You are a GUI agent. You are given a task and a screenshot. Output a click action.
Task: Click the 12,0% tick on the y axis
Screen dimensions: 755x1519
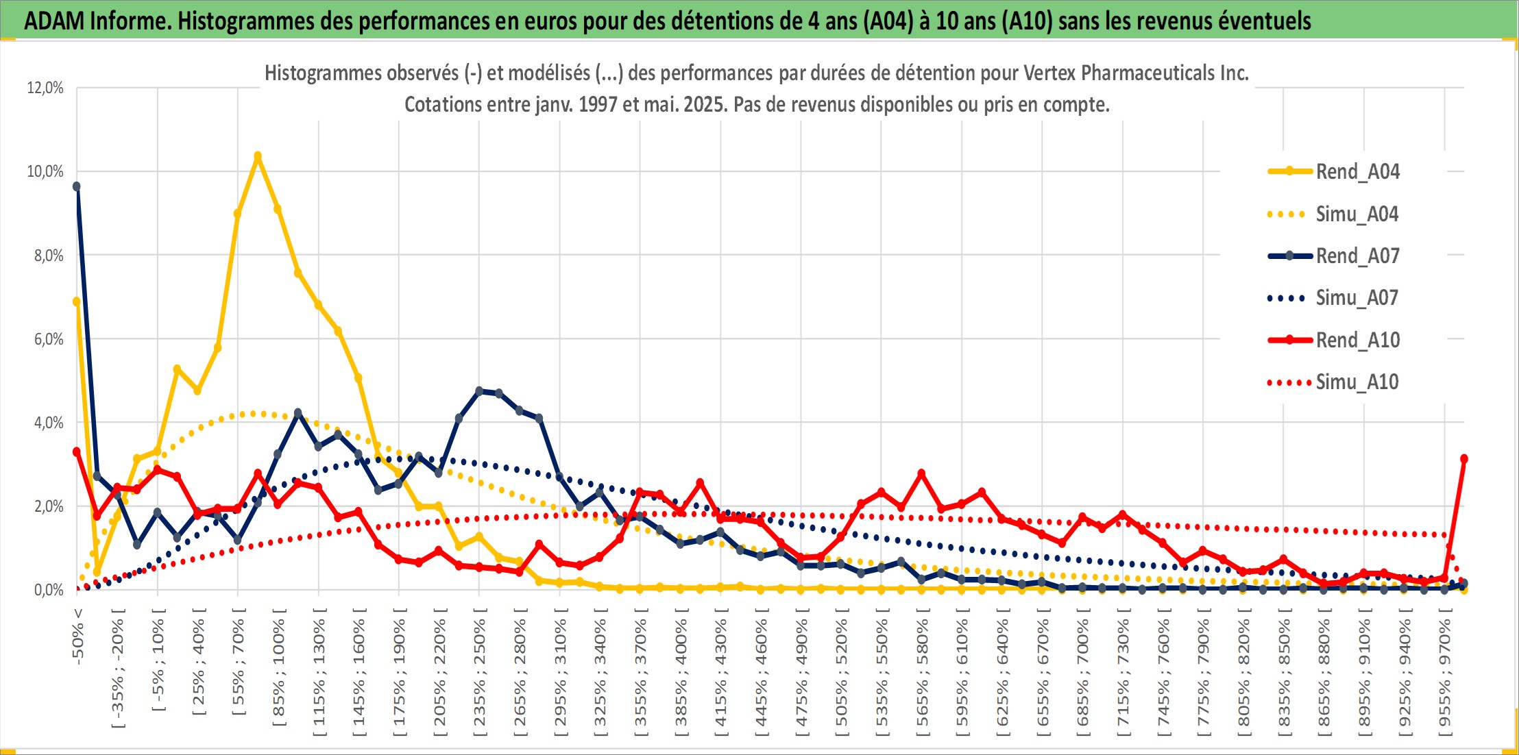(45, 88)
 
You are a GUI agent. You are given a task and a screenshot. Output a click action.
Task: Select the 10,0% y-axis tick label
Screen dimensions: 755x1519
(45, 171)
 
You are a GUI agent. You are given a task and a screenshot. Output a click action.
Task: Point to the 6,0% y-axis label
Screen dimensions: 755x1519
(48, 339)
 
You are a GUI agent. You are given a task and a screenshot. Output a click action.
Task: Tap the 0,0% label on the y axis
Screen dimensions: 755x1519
(48, 590)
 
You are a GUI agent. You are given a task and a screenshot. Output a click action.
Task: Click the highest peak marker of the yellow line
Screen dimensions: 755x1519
(258, 156)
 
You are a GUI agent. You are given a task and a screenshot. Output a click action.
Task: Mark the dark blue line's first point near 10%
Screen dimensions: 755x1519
(77, 186)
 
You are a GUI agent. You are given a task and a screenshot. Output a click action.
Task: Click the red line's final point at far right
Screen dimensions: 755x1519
(1463, 458)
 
